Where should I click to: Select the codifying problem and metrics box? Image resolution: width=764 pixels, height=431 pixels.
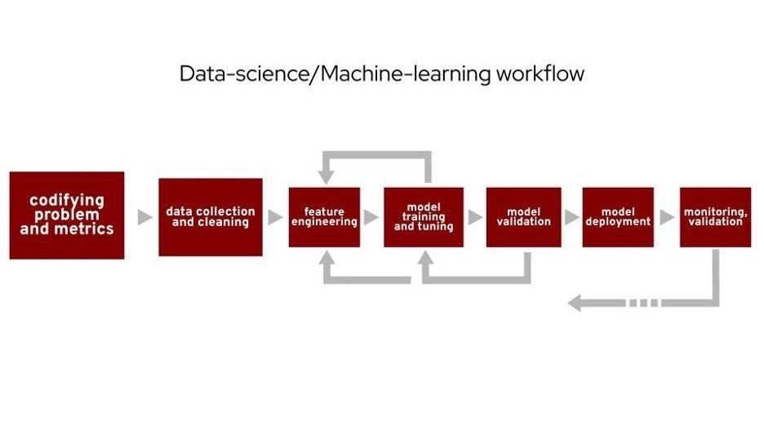tap(67, 215)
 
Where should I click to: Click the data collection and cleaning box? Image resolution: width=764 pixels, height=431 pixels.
tap(211, 217)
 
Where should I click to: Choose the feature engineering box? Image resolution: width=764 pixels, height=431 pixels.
tap(324, 217)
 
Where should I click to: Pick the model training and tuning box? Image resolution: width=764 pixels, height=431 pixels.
tap(424, 217)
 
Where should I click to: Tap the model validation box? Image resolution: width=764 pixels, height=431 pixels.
tap(523, 217)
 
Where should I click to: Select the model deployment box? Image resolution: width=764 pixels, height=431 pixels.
tap(618, 217)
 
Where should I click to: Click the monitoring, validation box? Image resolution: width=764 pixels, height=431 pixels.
tap(715, 217)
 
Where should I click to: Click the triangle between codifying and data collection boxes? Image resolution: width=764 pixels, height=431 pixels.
tap(144, 217)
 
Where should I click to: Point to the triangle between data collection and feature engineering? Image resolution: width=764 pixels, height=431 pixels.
tap(275, 217)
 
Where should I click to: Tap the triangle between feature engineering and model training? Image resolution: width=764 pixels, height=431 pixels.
tap(371, 217)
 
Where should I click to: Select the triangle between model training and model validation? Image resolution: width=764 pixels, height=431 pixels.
tap(474, 217)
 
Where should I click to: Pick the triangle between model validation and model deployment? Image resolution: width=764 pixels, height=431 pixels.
tap(571, 217)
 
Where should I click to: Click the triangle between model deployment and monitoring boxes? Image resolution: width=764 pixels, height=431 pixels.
tap(667, 217)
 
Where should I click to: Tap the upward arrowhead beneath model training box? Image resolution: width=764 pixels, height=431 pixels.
tap(425, 258)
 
